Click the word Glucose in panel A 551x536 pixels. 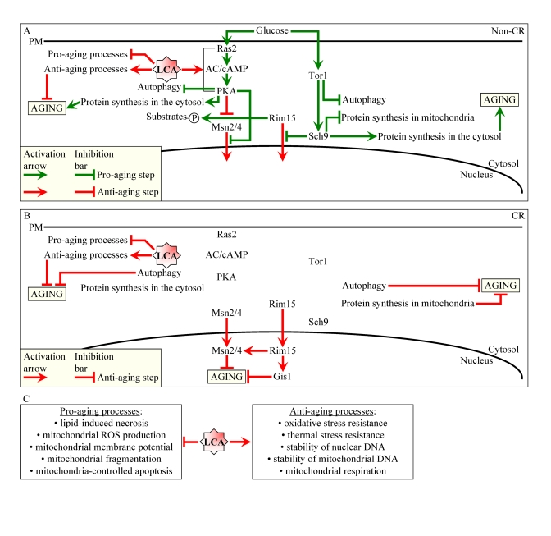click(x=272, y=30)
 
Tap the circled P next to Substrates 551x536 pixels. click(x=194, y=119)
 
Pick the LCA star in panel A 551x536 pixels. click(x=166, y=69)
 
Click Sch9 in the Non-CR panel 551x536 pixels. click(x=318, y=135)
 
